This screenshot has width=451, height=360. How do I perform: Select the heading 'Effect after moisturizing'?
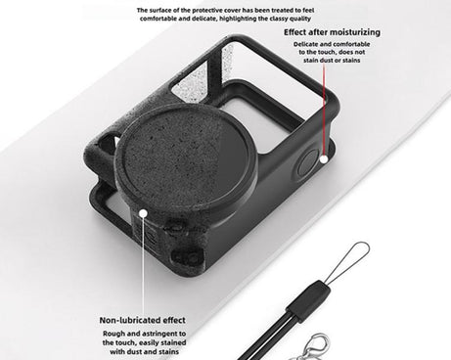tap(333, 31)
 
